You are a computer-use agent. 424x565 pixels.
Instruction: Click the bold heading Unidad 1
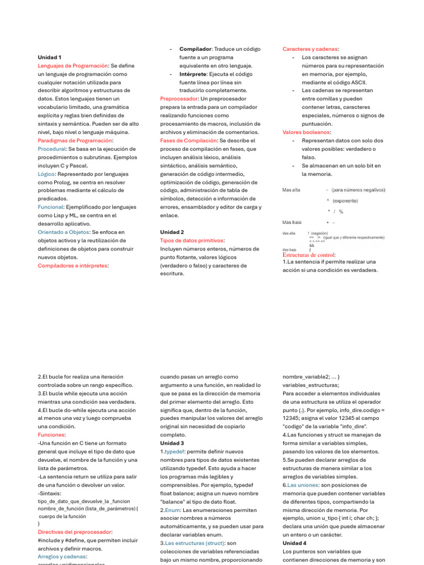point(50,57)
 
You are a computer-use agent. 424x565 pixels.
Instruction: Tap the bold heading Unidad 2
point(172,232)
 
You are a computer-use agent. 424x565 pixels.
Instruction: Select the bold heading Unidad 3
point(172,443)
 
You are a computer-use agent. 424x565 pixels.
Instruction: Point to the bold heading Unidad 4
point(295,543)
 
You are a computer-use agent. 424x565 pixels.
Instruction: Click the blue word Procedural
point(51,149)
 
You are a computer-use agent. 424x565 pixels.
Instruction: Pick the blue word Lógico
point(46,174)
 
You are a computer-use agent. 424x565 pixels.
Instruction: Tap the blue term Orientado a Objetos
point(63,232)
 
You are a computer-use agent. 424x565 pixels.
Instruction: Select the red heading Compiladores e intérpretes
point(73,265)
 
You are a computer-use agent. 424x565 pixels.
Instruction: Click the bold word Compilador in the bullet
point(195,49)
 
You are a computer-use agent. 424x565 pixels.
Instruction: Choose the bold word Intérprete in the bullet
point(195,74)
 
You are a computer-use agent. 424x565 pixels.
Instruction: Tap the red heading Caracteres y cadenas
point(311,49)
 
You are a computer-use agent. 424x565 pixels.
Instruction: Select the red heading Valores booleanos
point(306,132)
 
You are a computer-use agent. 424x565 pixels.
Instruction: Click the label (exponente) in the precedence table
point(345,201)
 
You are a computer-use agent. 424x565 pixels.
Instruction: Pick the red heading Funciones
point(51,435)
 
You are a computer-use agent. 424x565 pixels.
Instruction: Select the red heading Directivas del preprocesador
point(75,532)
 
